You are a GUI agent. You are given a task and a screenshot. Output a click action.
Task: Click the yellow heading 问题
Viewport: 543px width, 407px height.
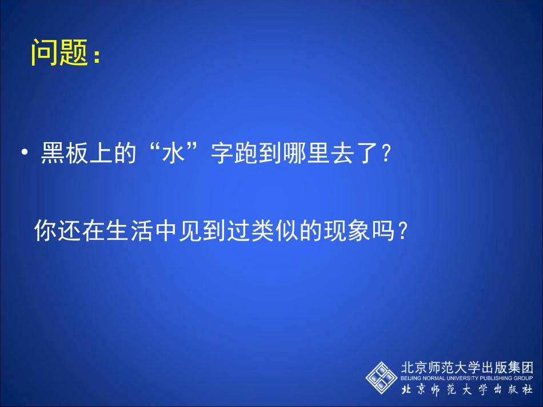(59, 53)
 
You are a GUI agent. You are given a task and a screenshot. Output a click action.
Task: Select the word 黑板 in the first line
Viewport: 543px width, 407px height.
(65, 154)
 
